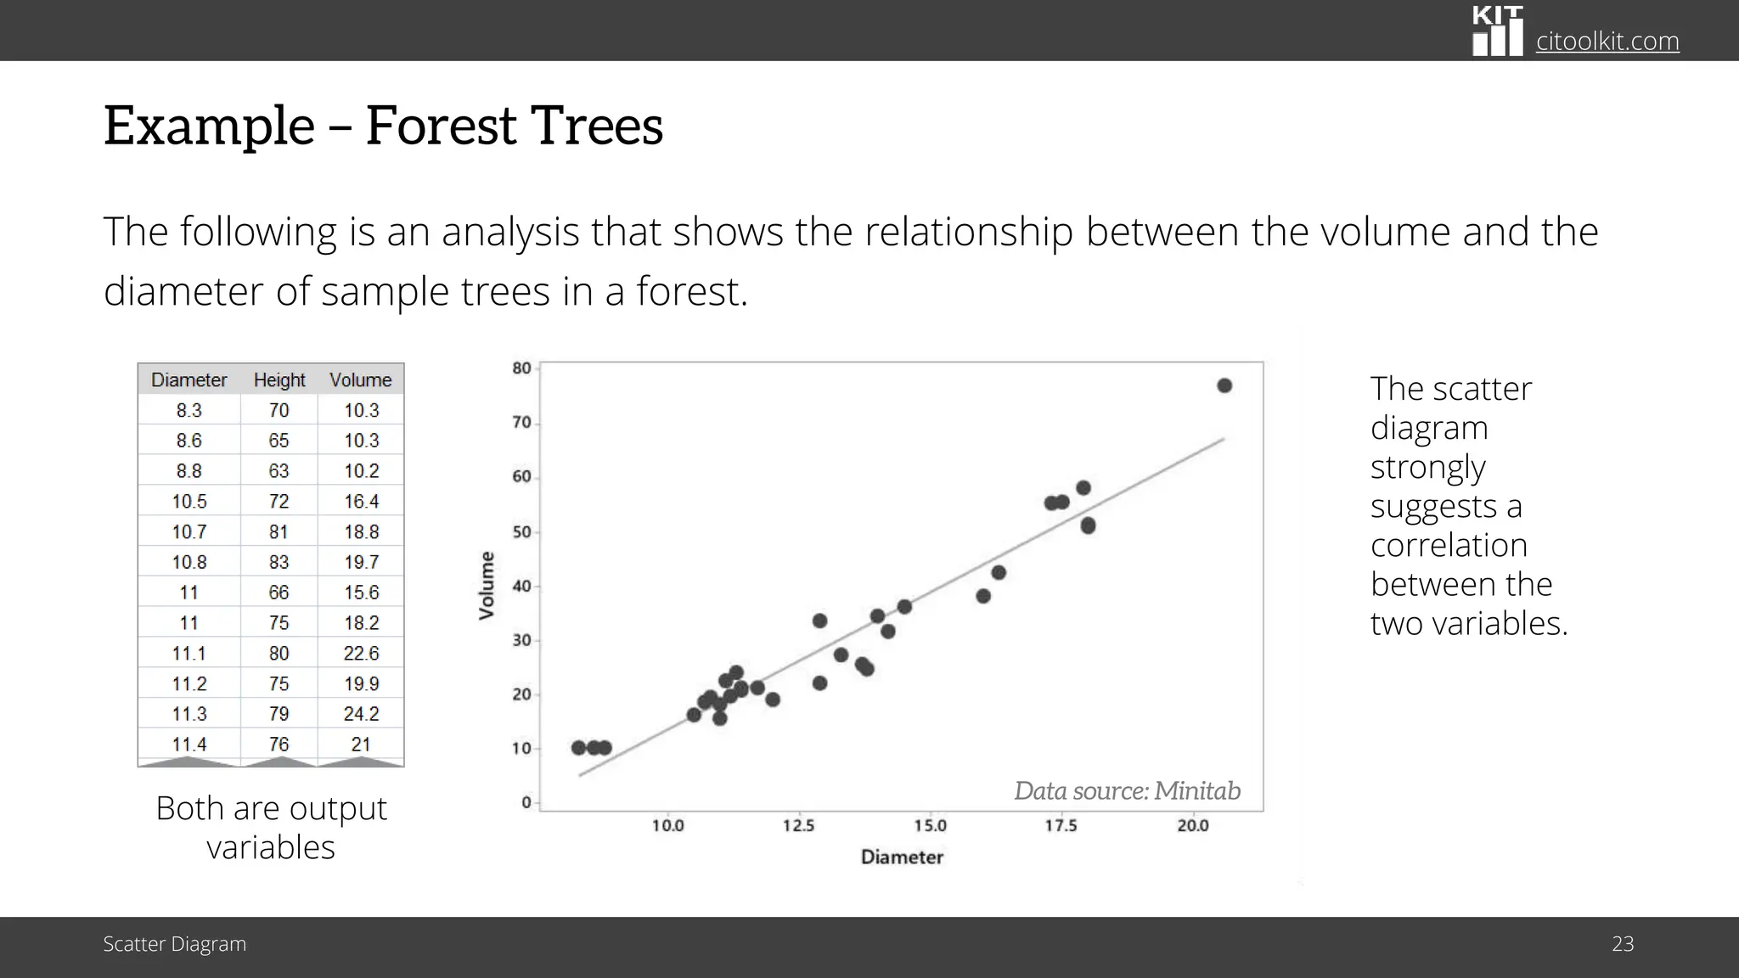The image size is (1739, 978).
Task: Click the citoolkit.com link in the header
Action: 1607,41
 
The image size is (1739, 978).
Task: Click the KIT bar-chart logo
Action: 1497,31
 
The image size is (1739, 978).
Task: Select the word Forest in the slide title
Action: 440,126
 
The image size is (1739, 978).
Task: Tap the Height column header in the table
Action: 279,379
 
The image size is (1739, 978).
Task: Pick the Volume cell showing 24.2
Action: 361,714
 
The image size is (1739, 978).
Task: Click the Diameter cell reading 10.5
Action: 189,502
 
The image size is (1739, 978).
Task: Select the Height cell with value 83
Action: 279,562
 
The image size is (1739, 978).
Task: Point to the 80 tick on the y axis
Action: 521,368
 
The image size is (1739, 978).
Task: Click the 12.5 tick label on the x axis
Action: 798,826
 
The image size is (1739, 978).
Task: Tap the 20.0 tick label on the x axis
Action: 1192,826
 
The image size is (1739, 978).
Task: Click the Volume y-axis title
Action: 487,586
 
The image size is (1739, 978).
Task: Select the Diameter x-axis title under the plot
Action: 902,857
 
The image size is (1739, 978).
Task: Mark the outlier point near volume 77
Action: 1224,385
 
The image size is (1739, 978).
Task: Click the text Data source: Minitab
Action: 1127,790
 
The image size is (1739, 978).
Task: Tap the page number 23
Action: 1622,944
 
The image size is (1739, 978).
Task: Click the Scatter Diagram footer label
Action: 175,944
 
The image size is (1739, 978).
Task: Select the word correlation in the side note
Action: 1449,545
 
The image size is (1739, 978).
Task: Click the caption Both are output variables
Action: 271,827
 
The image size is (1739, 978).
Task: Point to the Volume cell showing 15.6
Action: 361,593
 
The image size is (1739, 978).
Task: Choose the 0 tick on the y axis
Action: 526,802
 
